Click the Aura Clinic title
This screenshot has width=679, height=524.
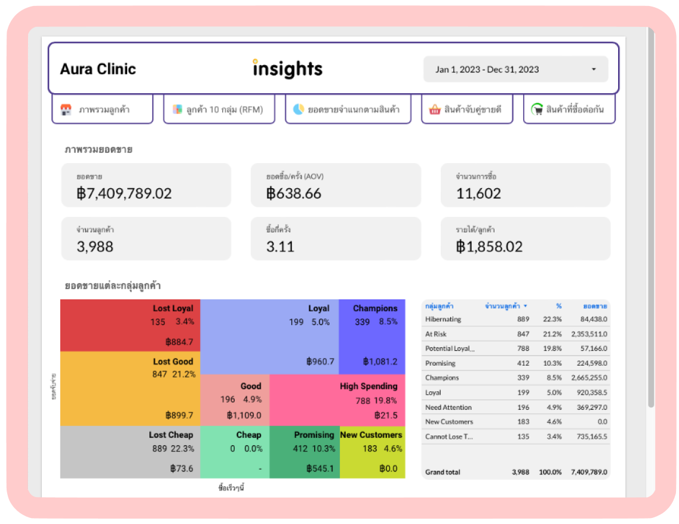pos(98,69)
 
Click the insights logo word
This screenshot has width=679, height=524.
pos(287,69)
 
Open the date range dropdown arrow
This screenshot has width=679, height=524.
pos(594,69)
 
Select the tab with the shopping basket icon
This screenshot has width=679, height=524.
pos(467,109)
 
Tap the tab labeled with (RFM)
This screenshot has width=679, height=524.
pos(219,109)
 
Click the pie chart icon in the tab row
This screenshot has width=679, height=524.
pos(299,109)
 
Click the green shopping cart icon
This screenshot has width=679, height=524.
pos(537,109)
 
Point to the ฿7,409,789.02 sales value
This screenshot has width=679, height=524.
pos(124,194)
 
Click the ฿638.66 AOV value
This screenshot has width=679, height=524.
pos(294,194)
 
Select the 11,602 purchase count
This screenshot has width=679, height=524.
pos(478,194)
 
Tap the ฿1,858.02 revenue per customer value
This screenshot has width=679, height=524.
pos(489,247)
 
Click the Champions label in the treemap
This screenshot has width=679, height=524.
pos(375,308)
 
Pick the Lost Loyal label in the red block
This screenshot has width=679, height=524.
pos(173,308)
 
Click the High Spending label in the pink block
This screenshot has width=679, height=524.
pos(368,386)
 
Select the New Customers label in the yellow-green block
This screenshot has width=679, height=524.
pos(371,435)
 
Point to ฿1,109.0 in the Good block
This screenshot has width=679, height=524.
pos(244,415)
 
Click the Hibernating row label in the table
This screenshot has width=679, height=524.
pos(443,320)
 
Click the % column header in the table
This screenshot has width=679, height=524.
pos(558,306)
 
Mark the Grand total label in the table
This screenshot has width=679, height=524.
pos(443,472)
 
